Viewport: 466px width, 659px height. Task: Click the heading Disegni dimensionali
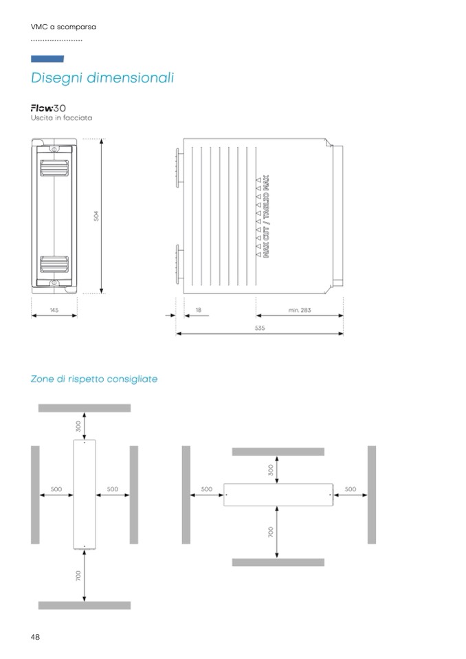coord(102,78)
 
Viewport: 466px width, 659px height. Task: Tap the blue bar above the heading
coord(47,59)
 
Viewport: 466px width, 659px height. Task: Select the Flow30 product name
coord(48,109)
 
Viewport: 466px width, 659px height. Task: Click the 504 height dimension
coord(97,215)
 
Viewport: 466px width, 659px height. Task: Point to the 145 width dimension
coord(54,311)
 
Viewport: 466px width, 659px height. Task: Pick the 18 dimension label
coord(198,311)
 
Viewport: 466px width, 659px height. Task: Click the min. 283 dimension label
coord(300,311)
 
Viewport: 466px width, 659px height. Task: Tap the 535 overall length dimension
coord(260,328)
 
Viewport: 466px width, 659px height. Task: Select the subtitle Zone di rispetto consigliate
coord(94,379)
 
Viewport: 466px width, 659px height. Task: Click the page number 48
coord(35,637)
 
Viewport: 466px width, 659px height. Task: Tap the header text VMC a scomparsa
coord(63,27)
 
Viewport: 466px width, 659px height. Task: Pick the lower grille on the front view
coord(54,265)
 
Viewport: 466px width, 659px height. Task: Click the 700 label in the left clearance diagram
coord(78,575)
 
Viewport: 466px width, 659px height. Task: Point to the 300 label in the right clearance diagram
coord(271,469)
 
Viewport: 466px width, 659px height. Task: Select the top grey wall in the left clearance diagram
coord(84,408)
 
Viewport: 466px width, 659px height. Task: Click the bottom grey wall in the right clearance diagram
coord(278,562)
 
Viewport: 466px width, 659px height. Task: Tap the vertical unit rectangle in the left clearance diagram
coord(85,494)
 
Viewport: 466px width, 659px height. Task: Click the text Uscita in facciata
coord(61,118)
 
